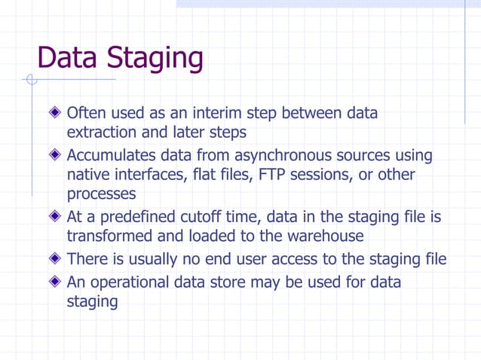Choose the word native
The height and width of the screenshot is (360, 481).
click(88, 175)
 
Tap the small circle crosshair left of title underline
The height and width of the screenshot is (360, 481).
click(31, 80)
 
